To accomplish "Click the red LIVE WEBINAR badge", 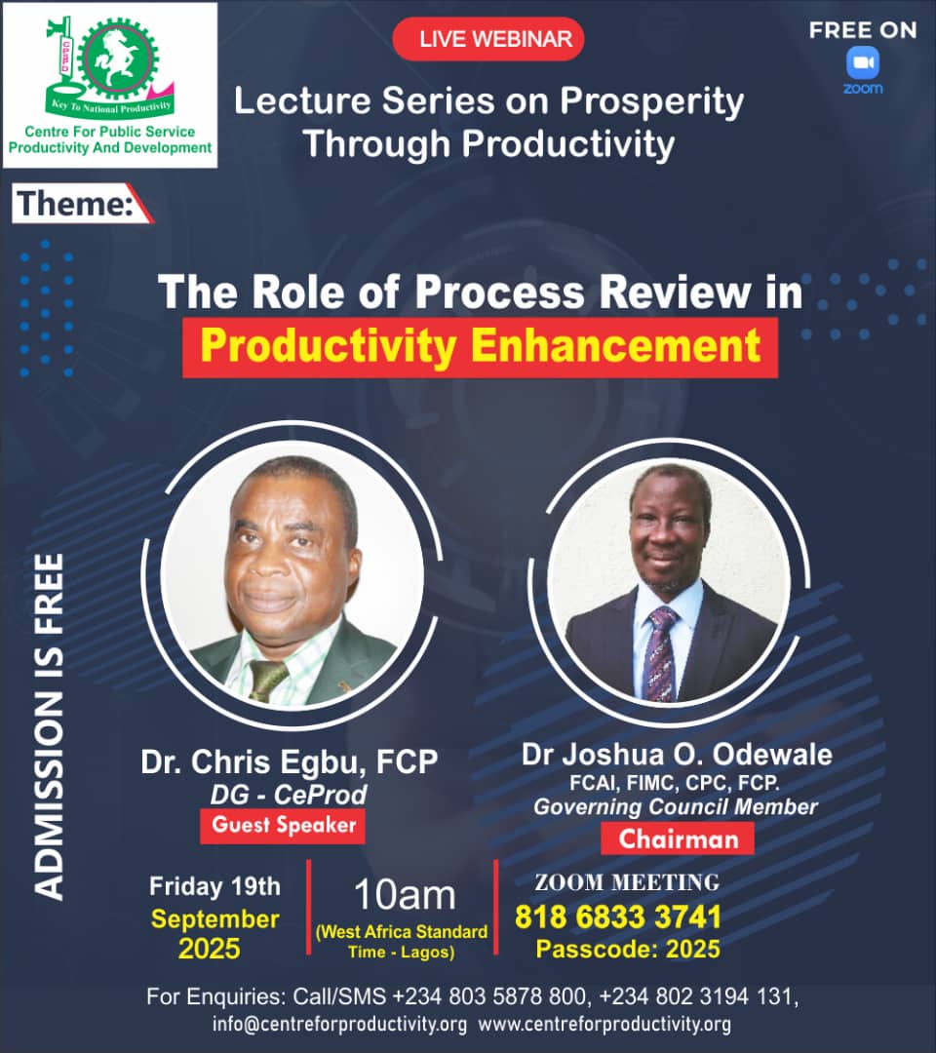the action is coord(488,39).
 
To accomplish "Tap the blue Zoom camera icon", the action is coord(863,63).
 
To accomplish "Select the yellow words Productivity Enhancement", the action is coord(480,346).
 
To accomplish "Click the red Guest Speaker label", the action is coord(283,826).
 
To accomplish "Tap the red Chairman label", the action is coord(678,838).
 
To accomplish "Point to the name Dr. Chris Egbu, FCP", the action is coord(290,762).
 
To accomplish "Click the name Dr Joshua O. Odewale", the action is coord(677,754).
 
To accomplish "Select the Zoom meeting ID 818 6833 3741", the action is coord(618,916).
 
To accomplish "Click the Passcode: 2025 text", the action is coord(628,949).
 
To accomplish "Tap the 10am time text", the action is coord(405,895).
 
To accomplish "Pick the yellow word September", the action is coord(214,918).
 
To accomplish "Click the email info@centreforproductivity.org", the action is coord(339,1025).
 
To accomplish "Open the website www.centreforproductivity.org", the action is coord(604,1025).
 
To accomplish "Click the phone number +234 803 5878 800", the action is coord(491,996).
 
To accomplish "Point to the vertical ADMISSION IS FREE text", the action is coord(49,726).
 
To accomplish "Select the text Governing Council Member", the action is coord(676,806).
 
